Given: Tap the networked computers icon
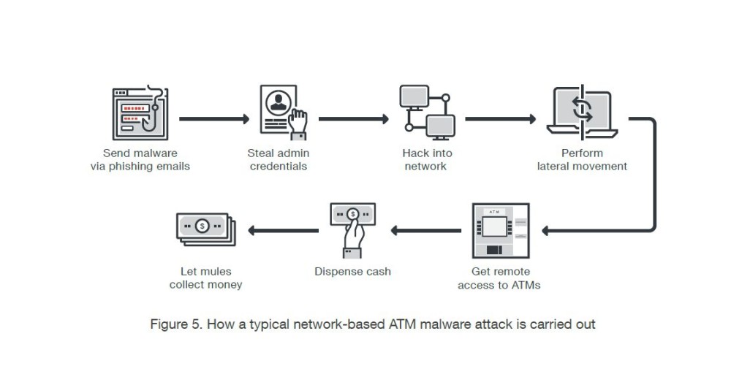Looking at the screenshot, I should (x=426, y=113).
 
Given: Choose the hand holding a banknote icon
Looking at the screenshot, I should (x=352, y=228).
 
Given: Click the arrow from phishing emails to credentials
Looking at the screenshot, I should (x=213, y=117).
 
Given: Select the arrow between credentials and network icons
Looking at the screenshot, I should (x=352, y=117).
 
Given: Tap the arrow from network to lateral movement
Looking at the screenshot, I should (x=501, y=117).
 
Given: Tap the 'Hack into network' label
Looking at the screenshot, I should (x=427, y=160).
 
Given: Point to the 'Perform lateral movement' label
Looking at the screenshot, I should (x=582, y=160).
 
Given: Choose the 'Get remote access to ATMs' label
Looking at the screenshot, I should (x=499, y=278).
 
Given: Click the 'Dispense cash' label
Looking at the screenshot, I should (x=352, y=272).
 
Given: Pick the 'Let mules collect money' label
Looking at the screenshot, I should (x=205, y=278).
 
